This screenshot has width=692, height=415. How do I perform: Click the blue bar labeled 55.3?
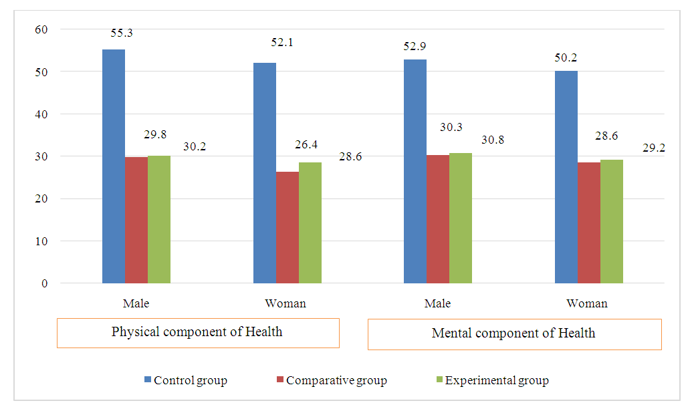click(x=113, y=166)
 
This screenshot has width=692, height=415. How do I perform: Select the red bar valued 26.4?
click(x=287, y=227)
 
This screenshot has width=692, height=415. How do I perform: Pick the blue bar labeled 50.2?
click(x=566, y=177)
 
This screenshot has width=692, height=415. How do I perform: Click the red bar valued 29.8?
click(x=136, y=220)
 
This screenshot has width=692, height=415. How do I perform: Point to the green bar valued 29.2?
click(x=612, y=221)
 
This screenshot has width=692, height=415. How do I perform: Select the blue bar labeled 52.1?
click(x=265, y=173)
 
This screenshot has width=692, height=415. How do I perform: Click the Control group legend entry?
click(x=185, y=381)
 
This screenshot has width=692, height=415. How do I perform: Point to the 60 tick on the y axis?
click(x=42, y=29)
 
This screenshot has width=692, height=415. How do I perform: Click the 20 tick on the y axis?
click(x=42, y=198)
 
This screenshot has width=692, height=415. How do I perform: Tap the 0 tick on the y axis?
click(x=45, y=283)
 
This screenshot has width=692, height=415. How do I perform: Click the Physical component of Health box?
click(x=198, y=332)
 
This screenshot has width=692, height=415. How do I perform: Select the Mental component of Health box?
click(x=514, y=333)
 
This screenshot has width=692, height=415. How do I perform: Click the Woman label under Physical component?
click(x=285, y=303)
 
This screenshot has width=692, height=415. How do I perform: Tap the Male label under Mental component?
click(x=438, y=303)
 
